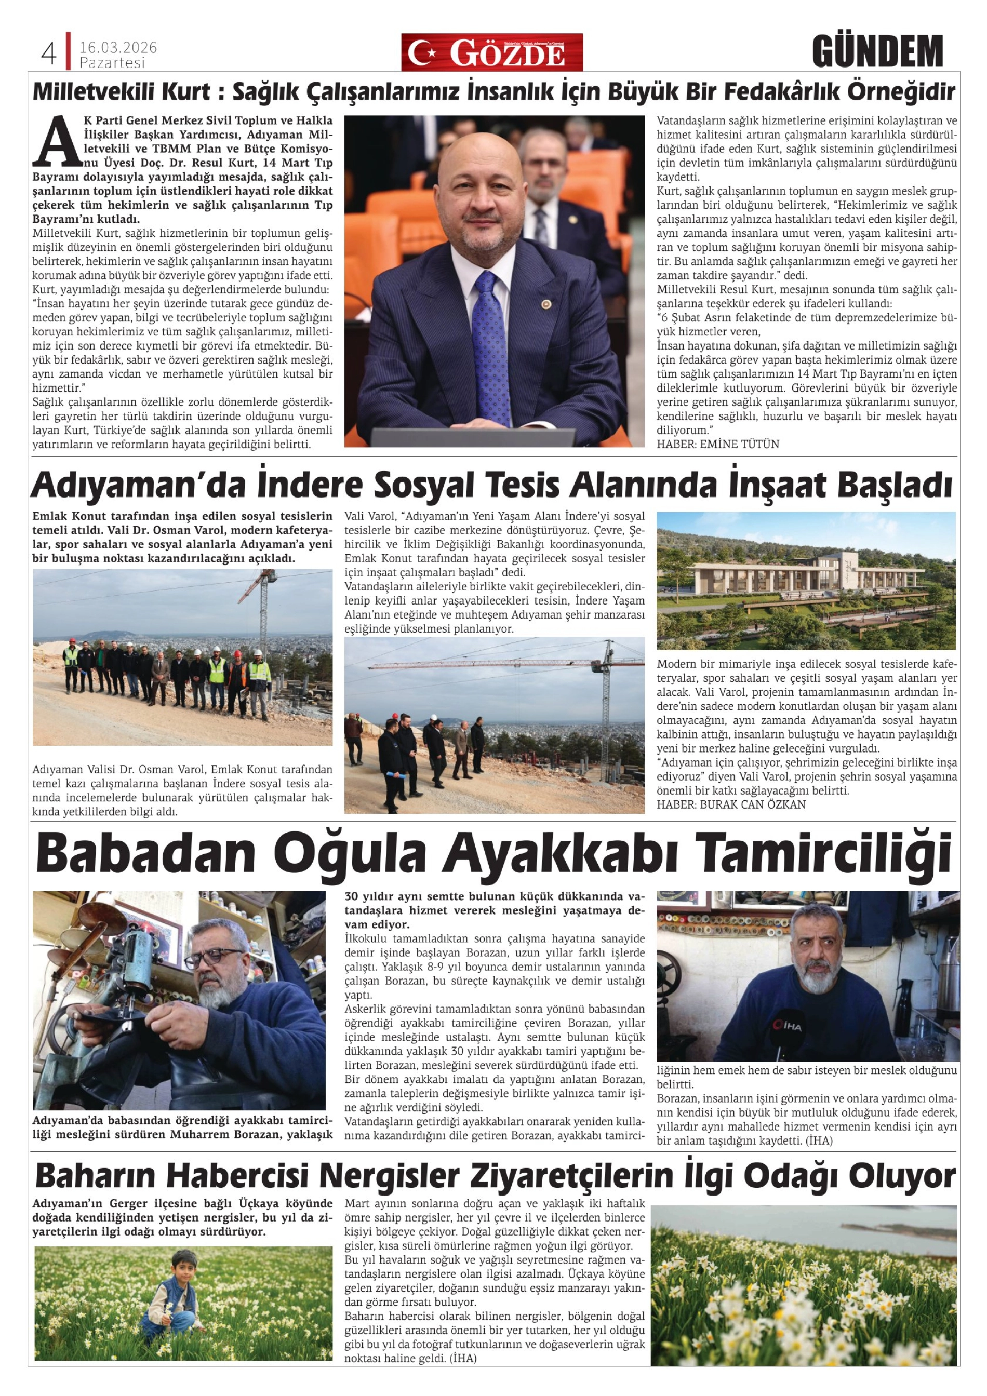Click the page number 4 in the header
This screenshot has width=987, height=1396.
click(49, 53)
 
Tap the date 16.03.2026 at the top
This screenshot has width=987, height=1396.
click(118, 47)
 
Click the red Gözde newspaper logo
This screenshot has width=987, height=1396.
click(491, 53)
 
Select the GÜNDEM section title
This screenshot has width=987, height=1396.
click(877, 52)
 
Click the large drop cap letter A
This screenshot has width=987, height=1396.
click(57, 142)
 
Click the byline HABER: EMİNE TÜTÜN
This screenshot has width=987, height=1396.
click(717, 444)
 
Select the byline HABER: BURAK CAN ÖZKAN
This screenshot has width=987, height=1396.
click(731, 804)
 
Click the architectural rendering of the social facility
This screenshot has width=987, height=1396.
click(806, 580)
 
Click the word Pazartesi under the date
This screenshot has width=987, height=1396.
click(113, 63)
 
